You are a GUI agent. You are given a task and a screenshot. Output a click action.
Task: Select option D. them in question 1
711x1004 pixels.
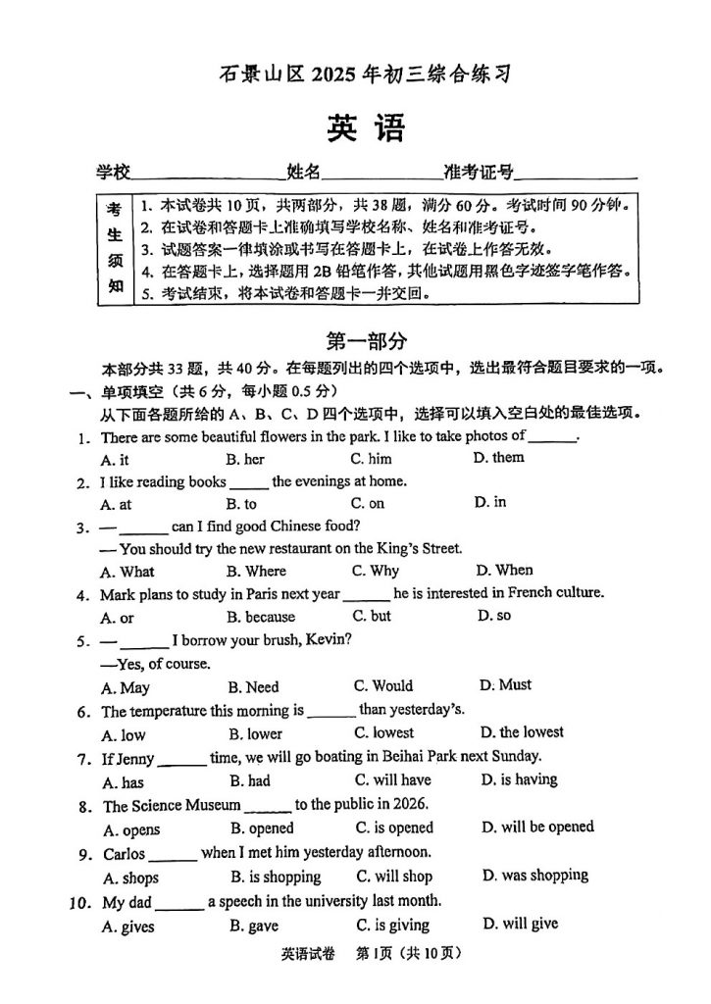point(498,458)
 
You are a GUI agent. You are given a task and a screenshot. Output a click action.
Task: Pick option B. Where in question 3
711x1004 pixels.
point(256,571)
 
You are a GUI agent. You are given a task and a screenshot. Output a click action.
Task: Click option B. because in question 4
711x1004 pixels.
point(260,617)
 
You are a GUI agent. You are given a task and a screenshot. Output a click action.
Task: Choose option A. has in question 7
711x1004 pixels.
point(123,781)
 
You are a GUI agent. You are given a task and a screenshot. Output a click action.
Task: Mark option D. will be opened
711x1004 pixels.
point(537,827)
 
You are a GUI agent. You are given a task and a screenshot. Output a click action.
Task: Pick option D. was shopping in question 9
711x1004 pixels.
point(534,875)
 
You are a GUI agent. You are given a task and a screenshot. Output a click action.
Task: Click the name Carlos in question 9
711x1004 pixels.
point(124,853)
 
